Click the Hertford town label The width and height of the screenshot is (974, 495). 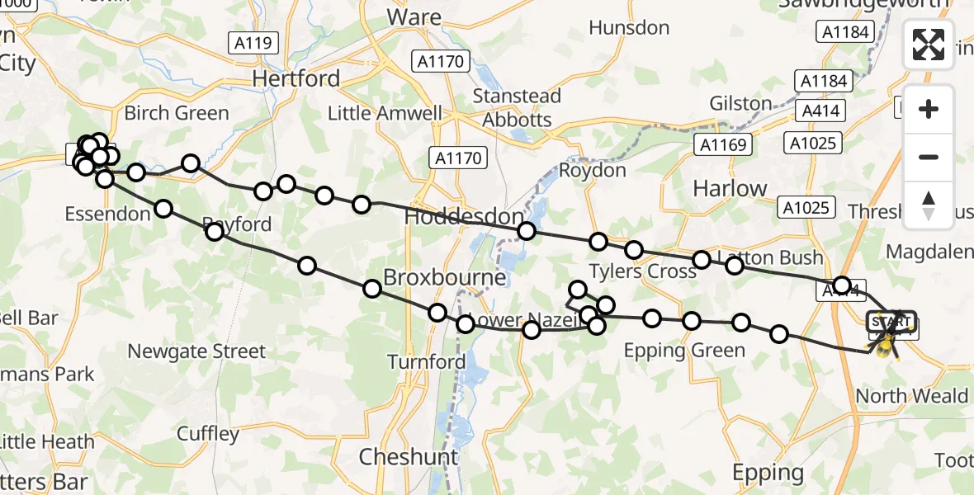[296, 79]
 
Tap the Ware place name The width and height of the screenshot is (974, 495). [414, 16]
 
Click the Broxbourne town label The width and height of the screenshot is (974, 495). [444, 278]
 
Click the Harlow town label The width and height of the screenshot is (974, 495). [730, 188]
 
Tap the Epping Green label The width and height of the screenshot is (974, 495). [684, 351]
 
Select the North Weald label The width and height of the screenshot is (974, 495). [911, 396]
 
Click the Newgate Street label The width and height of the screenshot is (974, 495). [196, 352]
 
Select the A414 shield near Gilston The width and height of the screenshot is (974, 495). [816, 111]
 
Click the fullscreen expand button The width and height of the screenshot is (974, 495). [929, 45]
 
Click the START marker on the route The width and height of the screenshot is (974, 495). [891, 322]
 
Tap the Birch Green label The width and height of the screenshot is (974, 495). [176, 113]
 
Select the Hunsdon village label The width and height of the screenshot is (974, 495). [628, 28]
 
